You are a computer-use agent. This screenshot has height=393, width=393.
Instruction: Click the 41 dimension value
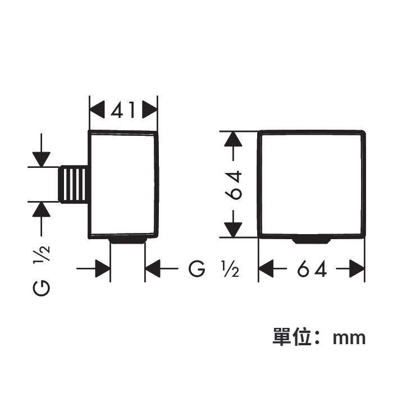pyautogui.click(x=123, y=110)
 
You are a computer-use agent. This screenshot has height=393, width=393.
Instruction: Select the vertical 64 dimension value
pyautogui.click(x=234, y=185)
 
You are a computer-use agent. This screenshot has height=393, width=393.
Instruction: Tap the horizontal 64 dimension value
pyautogui.click(x=312, y=269)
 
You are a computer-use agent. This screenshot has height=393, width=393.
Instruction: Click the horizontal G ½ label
pyautogui.click(x=213, y=269)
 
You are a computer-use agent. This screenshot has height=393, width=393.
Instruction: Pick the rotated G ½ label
pyautogui.click(x=42, y=271)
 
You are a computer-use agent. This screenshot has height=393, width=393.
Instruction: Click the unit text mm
pyautogui.click(x=349, y=339)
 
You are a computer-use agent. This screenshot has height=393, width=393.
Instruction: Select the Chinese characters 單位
pyautogui.click(x=292, y=337)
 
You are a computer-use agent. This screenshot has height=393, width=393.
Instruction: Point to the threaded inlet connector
pyautogui.click(x=73, y=184)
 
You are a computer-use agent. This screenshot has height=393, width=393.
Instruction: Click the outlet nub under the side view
pyautogui.click(x=128, y=241)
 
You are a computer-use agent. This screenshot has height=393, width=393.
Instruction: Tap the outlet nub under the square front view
pyautogui.click(x=311, y=241)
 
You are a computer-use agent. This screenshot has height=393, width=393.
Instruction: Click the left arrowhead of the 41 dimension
pyautogui.click(x=97, y=109)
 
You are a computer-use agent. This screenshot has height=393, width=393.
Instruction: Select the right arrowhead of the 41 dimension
pyautogui.click(x=150, y=109)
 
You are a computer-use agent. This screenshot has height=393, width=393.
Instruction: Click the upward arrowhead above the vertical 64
pyautogui.click(x=233, y=139)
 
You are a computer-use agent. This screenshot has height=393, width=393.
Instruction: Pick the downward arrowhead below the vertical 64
pyautogui.click(x=233, y=230)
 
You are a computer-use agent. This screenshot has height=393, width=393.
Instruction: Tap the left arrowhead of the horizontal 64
pyautogui.click(x=266, y=269)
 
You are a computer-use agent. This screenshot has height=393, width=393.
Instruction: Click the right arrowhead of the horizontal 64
pyautogui.click(x=357, y=269)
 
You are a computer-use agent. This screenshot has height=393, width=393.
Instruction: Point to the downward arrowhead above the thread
pyautogui.click(x=42, y=159)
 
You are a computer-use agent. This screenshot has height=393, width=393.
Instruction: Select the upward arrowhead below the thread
pyautogui.click(x=42, y=209)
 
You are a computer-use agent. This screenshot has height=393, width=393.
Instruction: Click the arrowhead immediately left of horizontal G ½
pyautogui.click(x=153, y=269)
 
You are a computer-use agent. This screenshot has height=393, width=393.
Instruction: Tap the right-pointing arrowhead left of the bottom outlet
pyautogui.click(x=103, y=269)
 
